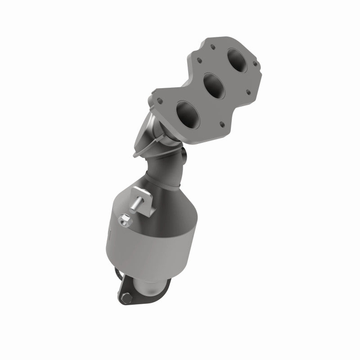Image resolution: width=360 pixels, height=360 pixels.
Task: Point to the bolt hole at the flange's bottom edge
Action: [222, 124]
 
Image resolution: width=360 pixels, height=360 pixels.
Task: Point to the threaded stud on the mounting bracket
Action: [135, 206]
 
